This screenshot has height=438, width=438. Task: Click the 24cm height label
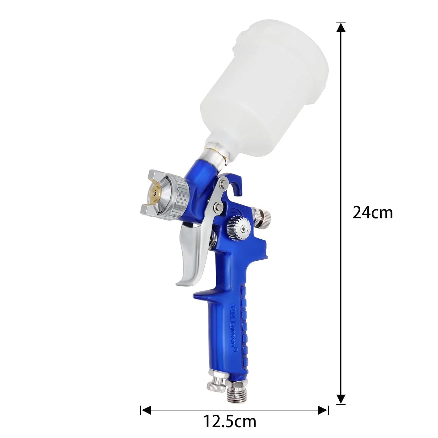pos(373,213)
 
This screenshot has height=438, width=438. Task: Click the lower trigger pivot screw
pos(218,208)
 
